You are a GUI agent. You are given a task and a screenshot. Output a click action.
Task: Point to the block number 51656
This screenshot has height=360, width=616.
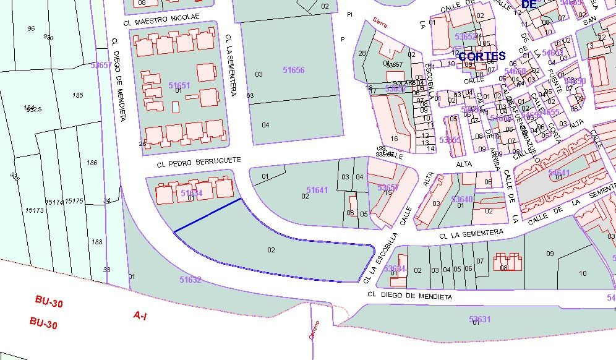(293, 70)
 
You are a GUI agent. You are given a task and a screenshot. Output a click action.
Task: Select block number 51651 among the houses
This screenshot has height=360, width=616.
(179, 85)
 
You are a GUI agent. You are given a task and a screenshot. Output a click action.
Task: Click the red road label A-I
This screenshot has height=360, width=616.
(140, 315)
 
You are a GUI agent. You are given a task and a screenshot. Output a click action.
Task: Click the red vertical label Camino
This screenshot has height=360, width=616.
(314, 330)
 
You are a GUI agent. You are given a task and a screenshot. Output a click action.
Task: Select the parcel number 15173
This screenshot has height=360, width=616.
(35, 211)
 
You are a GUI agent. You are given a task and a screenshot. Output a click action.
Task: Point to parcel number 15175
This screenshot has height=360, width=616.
(74, 202)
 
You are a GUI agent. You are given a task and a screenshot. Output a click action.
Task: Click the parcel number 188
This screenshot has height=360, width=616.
(96, 242)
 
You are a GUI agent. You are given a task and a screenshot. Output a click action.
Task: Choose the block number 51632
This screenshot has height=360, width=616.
(190, 280)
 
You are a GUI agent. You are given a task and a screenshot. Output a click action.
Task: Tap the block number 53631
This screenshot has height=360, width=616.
(479, 319)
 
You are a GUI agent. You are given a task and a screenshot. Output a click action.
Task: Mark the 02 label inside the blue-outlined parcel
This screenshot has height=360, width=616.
(271, 250)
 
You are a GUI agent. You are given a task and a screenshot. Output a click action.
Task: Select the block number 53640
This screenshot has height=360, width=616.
(462, 199)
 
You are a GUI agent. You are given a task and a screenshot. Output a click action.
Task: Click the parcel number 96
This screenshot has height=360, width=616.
(31, 28)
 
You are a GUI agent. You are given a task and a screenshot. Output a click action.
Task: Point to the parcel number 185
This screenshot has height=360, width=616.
(77, 95)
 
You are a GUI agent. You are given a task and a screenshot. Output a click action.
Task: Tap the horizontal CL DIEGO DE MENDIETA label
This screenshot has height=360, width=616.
(409, 296)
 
